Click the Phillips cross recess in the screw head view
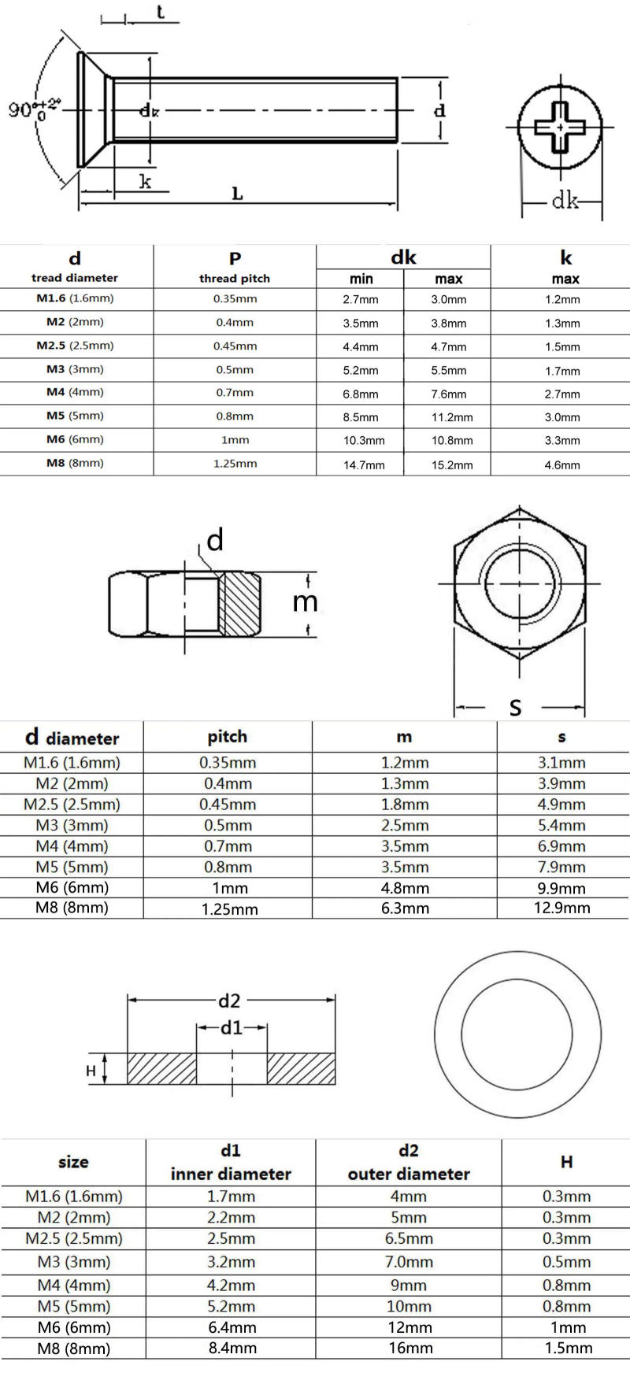(x=560, y=126)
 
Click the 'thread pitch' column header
(x=234, y=278)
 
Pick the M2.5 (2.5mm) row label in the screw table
(x=75, y=346)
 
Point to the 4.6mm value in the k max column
(x=562, y=464)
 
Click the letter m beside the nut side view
(x=305, y=602)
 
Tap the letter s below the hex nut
(x=516, y=707)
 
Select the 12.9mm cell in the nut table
(x=561, y=908)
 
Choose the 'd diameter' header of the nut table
(x=72, y=738)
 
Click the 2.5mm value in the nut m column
(x=405, y=825)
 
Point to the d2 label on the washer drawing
(x=229, y=1001)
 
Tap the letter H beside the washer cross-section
(x=91, y=1071)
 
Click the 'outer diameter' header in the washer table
(x=408, y=1173)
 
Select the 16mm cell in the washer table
(x=409, y=1348)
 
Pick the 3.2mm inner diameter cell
(x=232, y=1262)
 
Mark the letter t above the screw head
(x=160, y=12)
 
